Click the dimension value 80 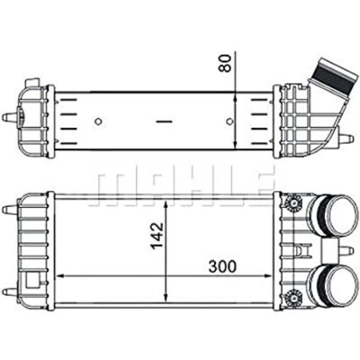(x=225, y=64)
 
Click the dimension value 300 (x=222, y=266)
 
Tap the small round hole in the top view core (x=98, y=121)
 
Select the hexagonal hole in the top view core (x=229, y=121)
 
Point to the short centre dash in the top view (x=165, y=121)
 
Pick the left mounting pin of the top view (x=9, y=117)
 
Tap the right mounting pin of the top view (x=346, y=139)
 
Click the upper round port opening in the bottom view (x=341, y=213)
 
